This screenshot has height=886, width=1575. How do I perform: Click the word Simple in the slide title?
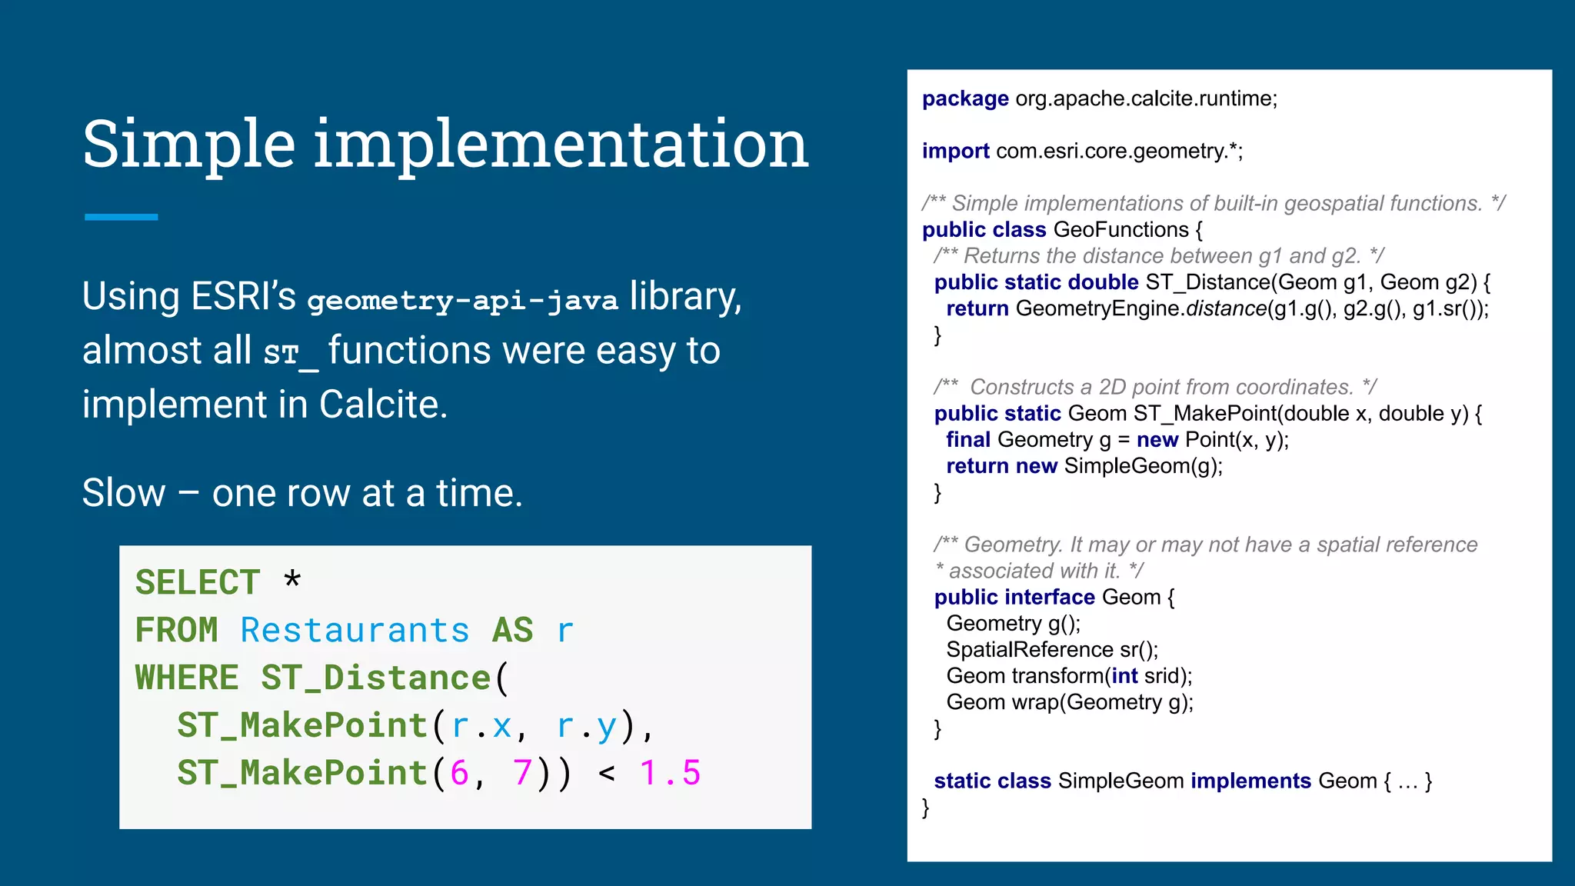tap(188, 145)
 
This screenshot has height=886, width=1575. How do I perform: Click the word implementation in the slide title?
tap(561, 145)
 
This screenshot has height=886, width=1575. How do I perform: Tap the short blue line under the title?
tap(121, 217)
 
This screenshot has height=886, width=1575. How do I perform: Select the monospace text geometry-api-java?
tap(462, 300)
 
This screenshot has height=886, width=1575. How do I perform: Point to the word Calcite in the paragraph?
tap(382, 405)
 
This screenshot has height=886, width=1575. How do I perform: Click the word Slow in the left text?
tap(123, 493)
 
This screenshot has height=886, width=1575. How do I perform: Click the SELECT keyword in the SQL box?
tap(198, 582)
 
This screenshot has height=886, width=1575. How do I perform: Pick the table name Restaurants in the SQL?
tap(355, 631)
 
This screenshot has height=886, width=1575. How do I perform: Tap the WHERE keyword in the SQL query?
tap(187, 678)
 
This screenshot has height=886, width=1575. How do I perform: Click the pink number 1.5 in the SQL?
tap(670, 773)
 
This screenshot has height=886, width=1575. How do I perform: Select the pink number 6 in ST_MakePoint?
tap(459, 773)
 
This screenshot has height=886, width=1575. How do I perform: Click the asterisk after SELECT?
tap(292, 578)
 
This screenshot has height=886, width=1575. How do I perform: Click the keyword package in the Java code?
tap(965, 98)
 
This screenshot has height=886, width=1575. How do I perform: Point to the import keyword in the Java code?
tap(955, 151)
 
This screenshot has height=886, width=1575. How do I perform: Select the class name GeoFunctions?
tap(1120, 230)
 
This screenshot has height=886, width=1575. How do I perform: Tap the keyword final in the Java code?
tap(968, 440)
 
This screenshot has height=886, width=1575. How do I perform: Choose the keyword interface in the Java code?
tap(1049, 598)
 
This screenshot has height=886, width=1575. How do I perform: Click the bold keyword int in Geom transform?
tap(1124, 676)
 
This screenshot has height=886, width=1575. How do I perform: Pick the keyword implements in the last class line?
tap(1250, 781)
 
